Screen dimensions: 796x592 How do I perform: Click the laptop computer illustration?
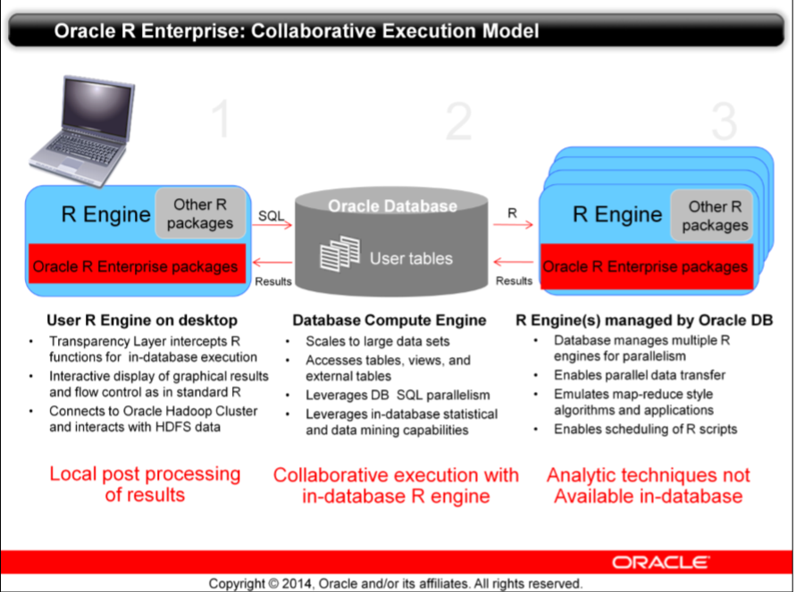(81, 131)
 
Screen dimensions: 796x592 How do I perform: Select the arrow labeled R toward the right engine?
(513, 224)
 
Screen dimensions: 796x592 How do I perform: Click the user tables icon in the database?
(339, 253)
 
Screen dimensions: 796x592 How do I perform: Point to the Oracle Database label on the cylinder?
(392, 206)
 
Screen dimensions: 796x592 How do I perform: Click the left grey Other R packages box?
(200, 213)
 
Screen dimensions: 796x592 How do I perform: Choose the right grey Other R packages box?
(712, 215)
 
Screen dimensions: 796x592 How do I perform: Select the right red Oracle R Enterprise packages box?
(647, 267)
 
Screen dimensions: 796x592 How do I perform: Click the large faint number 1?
(222, 119)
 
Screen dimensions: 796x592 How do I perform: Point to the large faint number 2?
(458, 121)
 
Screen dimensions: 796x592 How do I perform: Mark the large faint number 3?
(725, 121)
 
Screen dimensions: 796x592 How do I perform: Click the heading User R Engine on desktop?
(142, 321)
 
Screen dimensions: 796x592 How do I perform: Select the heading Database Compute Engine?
(390, 321)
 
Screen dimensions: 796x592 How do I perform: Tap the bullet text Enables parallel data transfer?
(639, 375)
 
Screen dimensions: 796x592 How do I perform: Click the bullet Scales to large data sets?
(377, 341)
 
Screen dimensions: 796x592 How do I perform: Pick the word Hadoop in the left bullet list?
(188, 411)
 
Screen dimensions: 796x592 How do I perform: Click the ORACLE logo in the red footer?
(660, 563)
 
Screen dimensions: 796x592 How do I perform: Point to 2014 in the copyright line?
(297, 583)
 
